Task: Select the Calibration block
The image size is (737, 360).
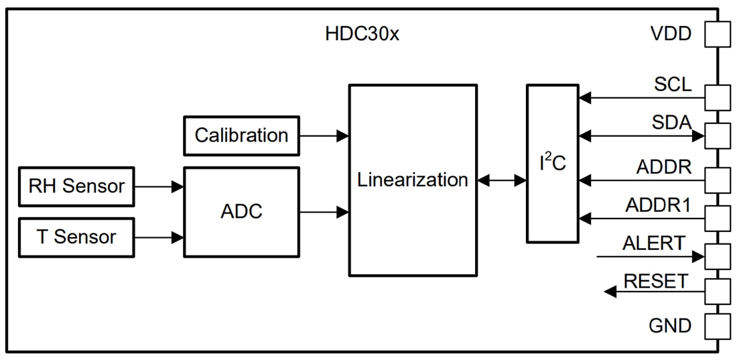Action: [241, 135]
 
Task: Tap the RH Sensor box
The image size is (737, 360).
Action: [76, 186]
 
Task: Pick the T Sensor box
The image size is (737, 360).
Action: [76, 237]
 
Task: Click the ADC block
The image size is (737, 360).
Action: [241, 212]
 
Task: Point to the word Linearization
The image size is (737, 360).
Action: [412, 180]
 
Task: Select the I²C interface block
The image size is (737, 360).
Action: [553, 163]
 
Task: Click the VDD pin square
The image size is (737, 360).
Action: [718, 34]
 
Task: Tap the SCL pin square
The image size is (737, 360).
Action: [718, 98]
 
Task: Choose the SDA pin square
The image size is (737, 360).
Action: [718, 135]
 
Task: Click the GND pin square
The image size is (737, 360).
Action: [718, 326]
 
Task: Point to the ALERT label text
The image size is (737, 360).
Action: [653, 243]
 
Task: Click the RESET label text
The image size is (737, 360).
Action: [655, 281]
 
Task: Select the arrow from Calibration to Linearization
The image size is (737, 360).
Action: [324, 135]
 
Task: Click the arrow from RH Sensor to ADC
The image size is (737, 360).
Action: [159, 186]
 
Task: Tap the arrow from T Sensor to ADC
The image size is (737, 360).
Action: [159, 237]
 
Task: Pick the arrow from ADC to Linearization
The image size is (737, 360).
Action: [324, 212]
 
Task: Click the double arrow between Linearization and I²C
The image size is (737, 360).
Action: [502, 180]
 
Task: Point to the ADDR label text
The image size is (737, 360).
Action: [663, 167]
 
